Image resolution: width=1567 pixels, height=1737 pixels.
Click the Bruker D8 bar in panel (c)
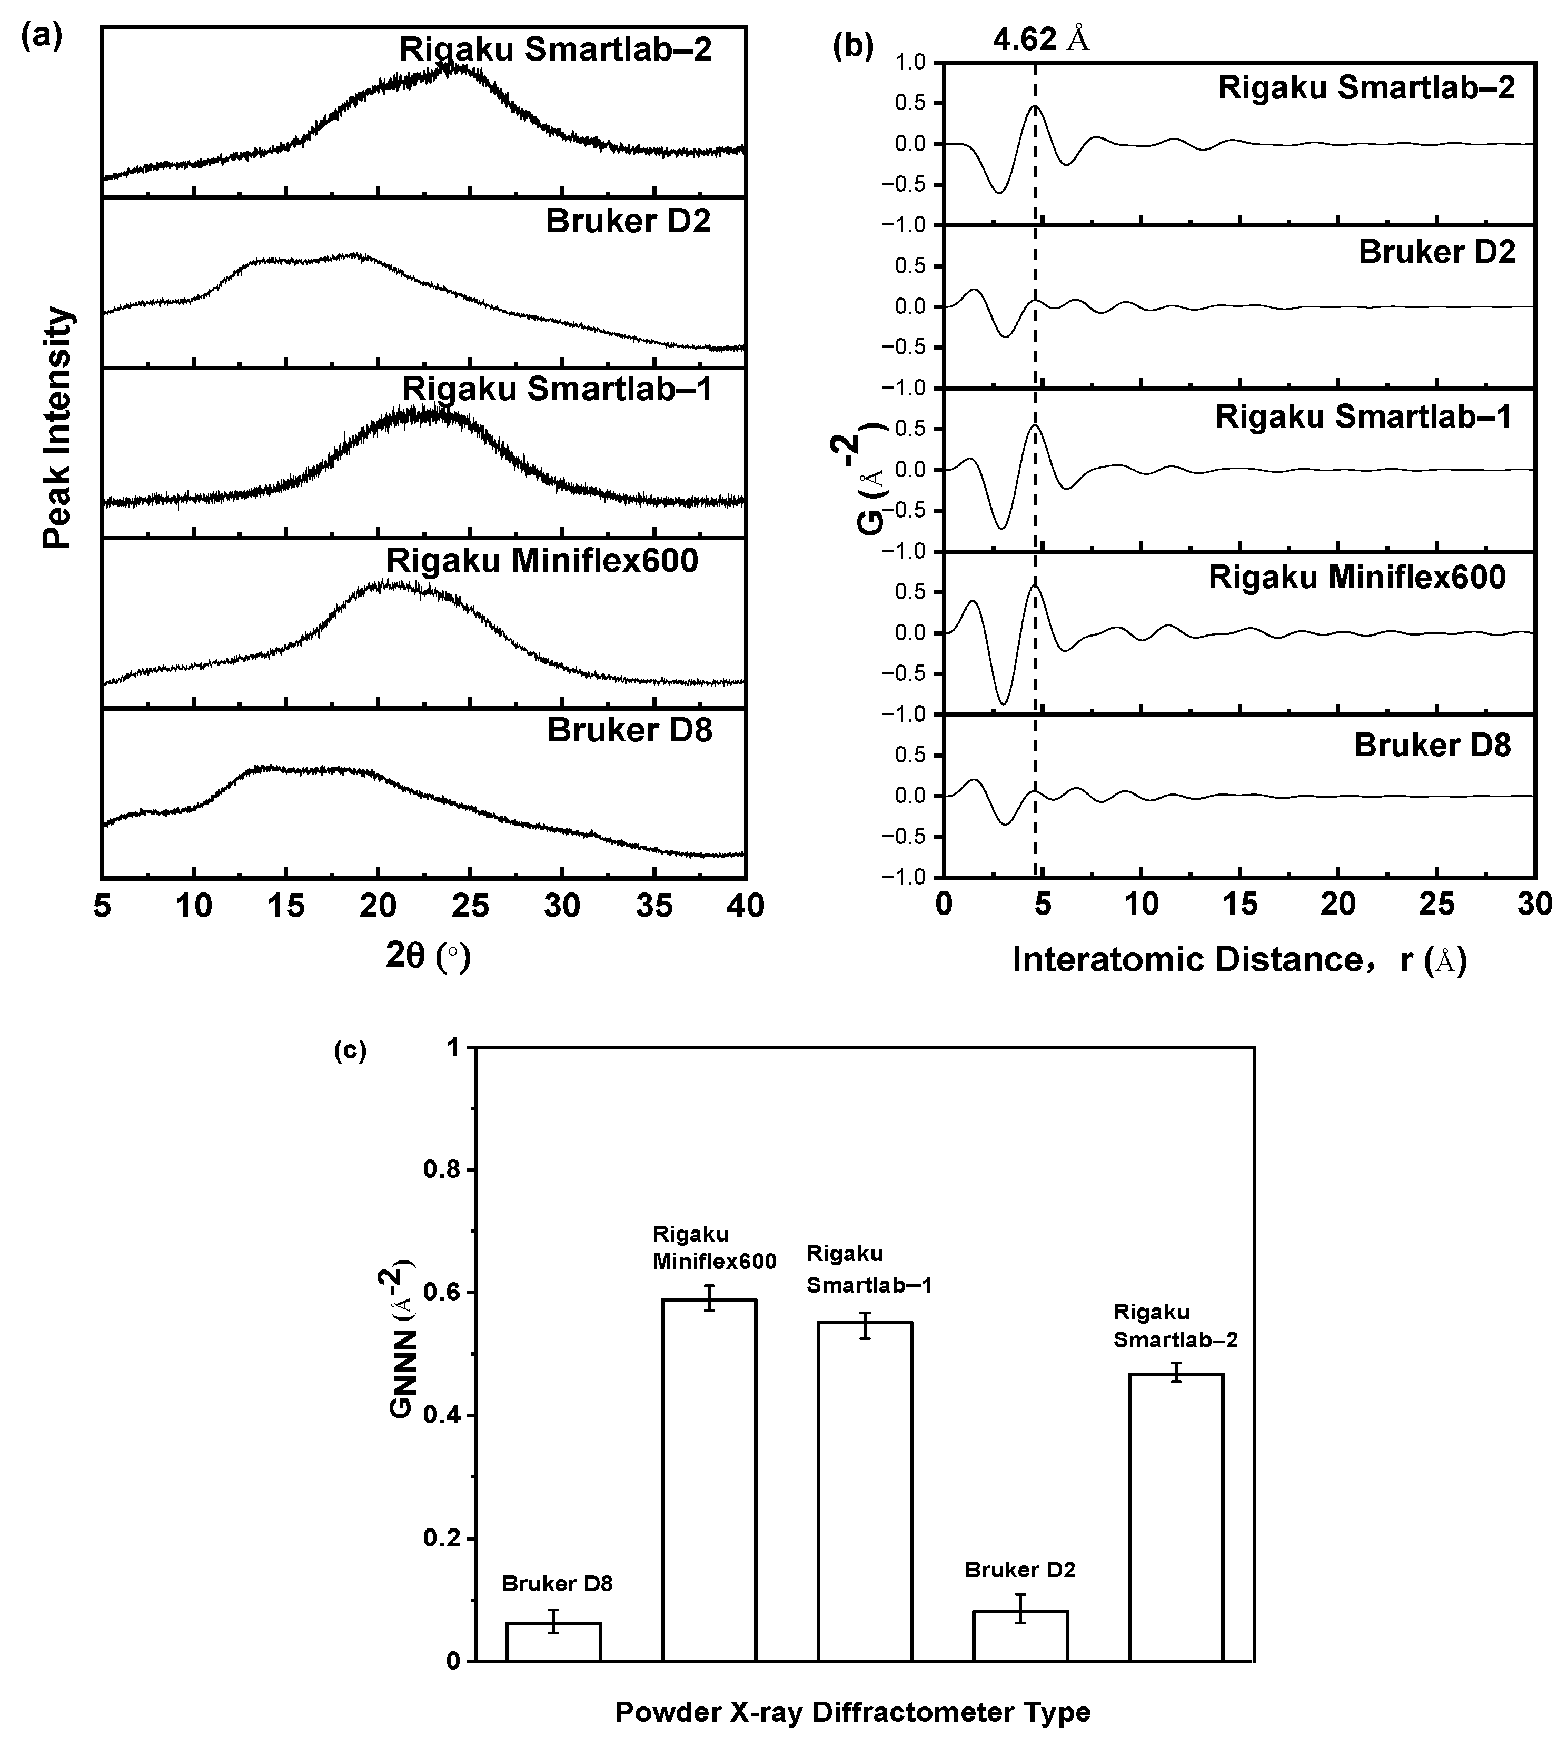pyautogui.click(x=553, y=1642)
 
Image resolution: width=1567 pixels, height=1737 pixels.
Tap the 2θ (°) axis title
pyautogui.click(x=428, y=956)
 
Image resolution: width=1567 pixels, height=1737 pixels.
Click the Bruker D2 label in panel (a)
pyautogui.click(x=629, y=222)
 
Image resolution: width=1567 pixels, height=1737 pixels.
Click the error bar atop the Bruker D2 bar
pyautogui.click(x=1020, y=1608)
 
